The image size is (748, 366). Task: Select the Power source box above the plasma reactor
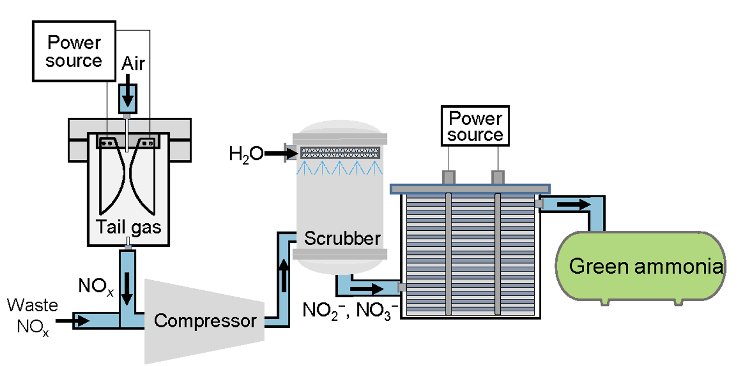(74, 52)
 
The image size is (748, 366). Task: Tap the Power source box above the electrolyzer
(475, 127)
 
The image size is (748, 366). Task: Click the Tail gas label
(128, 227)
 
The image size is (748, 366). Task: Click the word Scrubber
(342, 238)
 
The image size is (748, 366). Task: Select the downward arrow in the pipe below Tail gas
(127, 290)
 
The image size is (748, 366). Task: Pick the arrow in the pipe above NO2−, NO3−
(366, 289)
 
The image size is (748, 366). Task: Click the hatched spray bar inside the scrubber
(340, 152)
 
